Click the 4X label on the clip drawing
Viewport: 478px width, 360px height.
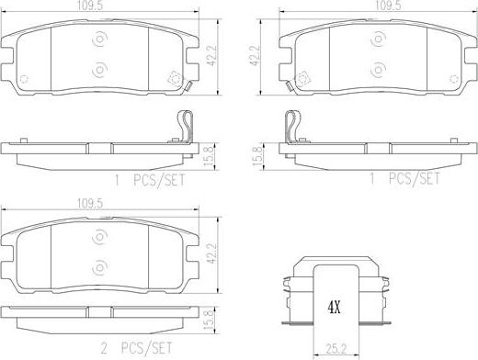[335, 308]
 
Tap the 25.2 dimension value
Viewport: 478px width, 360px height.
[336, 349]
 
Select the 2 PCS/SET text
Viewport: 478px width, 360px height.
[137, 348]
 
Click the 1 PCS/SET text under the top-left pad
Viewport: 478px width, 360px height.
[150, 180]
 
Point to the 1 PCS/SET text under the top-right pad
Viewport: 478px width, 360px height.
[404, 178]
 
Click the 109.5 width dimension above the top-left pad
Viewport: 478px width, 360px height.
[89, 6]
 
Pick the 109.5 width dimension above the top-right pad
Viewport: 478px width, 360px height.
[388, 6]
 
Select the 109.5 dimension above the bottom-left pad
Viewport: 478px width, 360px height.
[89, 204]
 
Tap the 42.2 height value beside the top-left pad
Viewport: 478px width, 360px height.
[211, 56]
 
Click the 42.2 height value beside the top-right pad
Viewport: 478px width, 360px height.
[255, 56]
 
